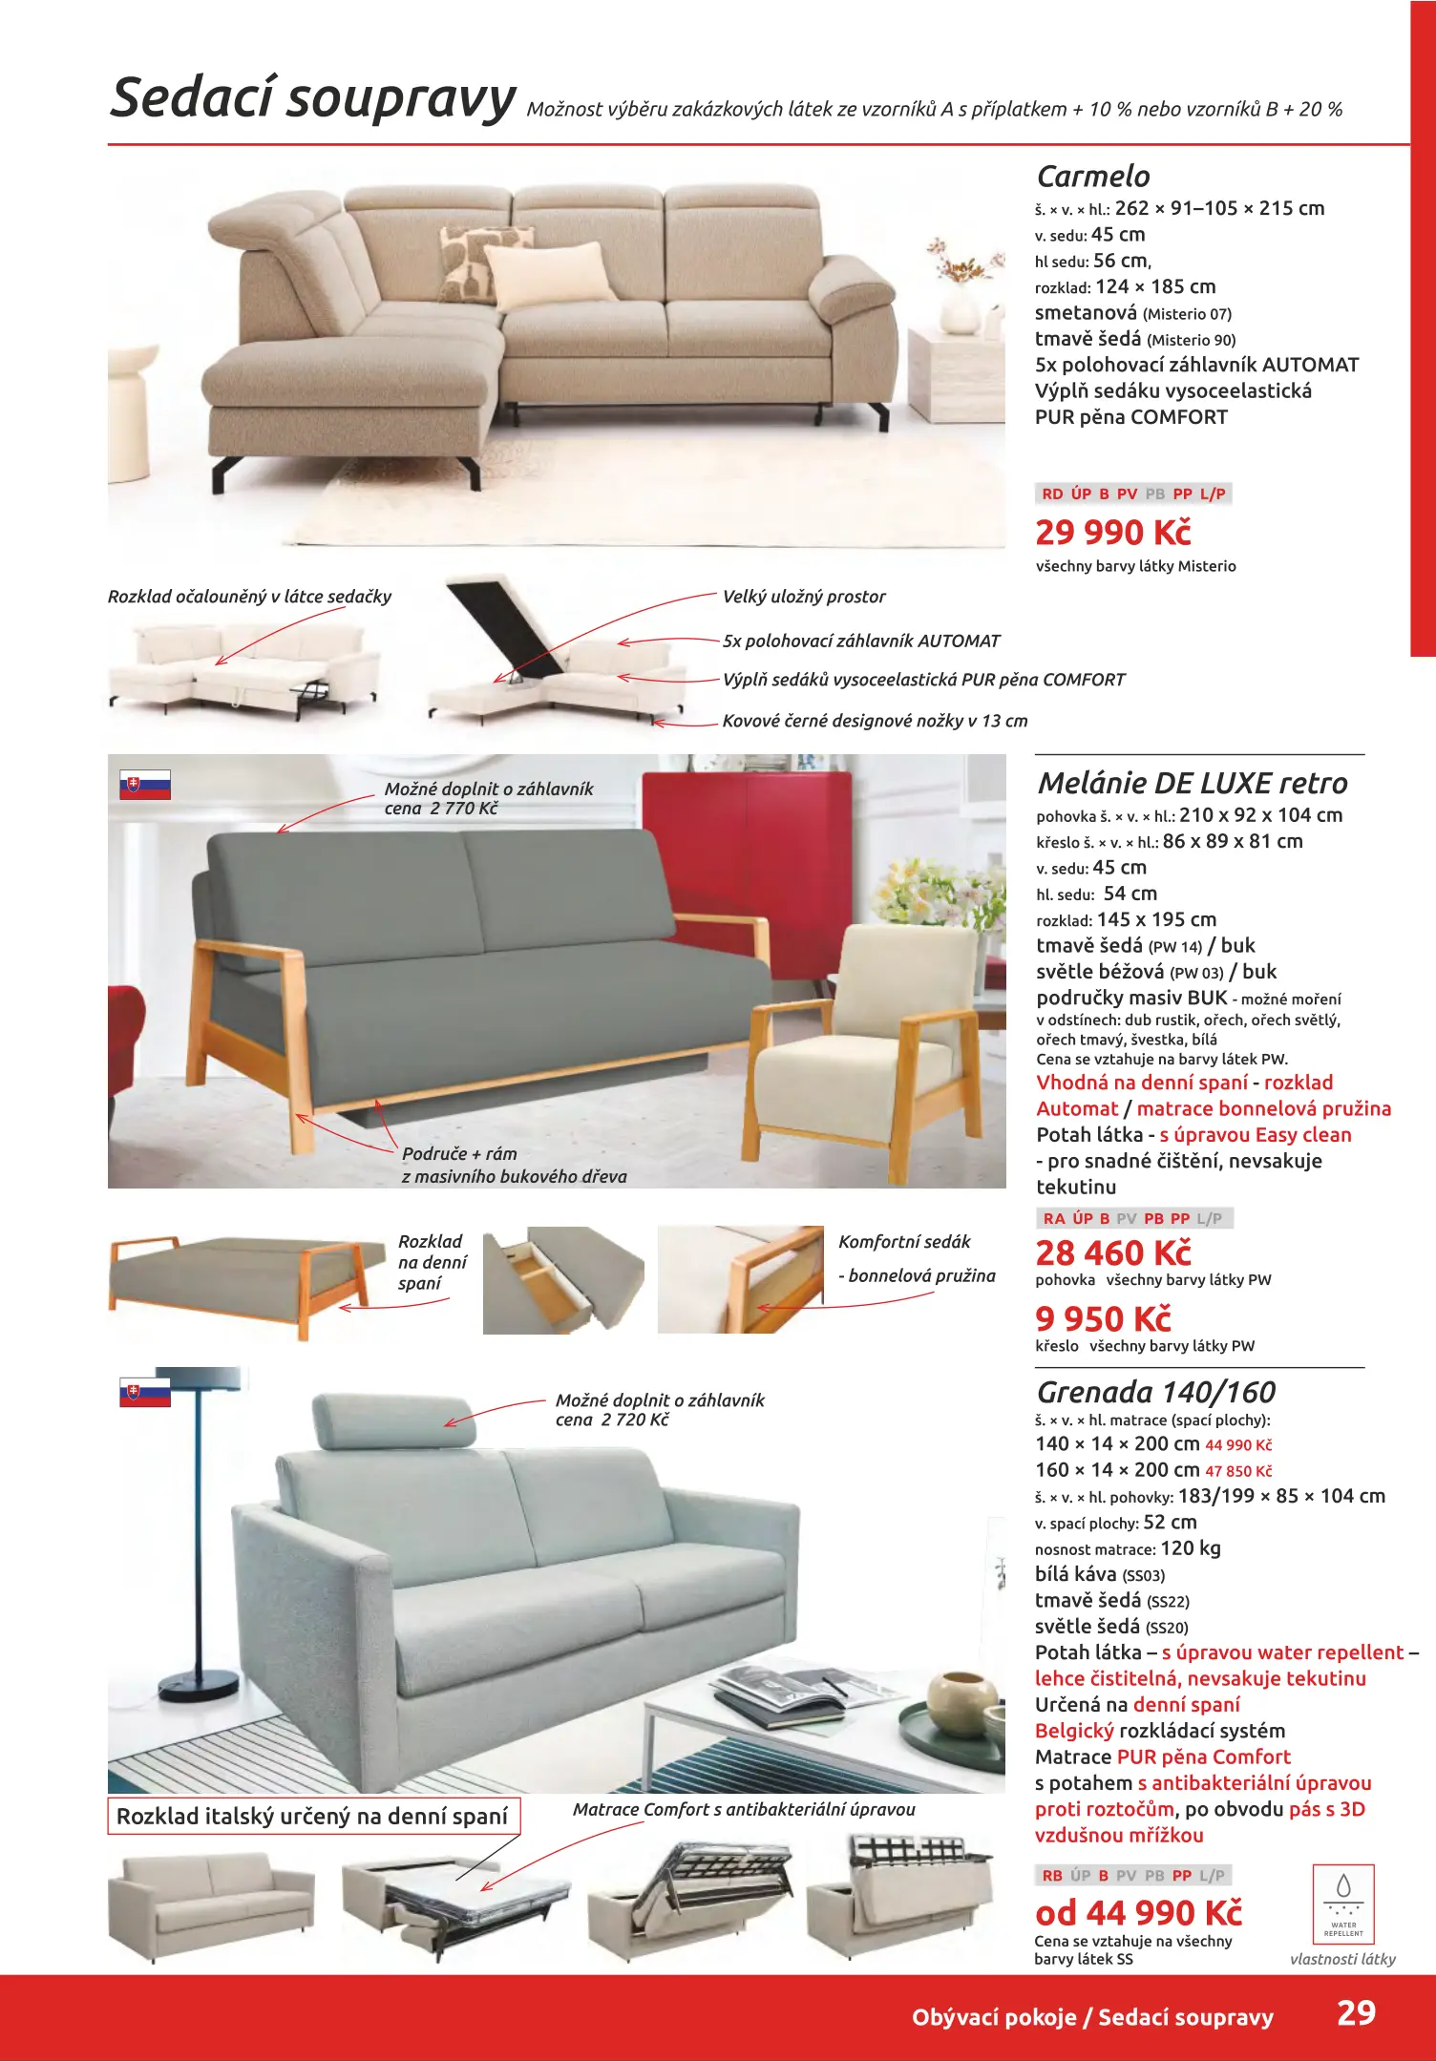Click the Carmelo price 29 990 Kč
click(1113, 533)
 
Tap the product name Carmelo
click(1093, 177)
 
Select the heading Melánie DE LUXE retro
click(1192, 784)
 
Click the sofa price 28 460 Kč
click(1113, 1252)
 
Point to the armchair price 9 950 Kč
click(1103, 1319)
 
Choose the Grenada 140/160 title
click(1155, 1392)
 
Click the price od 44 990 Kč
click(1138, 1913)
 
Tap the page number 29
click(1356, 2012)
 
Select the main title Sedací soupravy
click(312, 98)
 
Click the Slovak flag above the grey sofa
click(145, 785)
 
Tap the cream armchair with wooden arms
click(869, 1041)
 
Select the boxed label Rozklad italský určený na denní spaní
click(312, 1816)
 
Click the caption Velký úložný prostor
click(804, 597)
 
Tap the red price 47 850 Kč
click(1238, 1471)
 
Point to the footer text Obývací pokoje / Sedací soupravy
click(1092, 2017)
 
